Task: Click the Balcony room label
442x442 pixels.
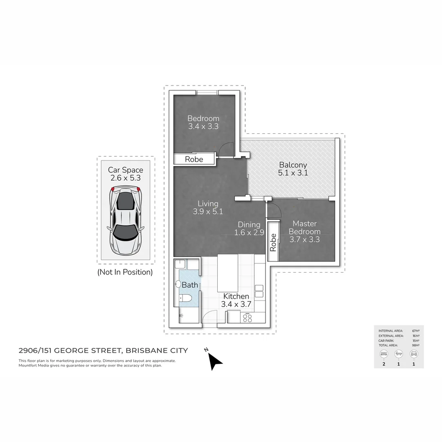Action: [x=293, y=165]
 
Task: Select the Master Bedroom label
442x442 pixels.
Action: [x=304, y=228]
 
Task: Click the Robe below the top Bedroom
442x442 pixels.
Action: [x=194, y=159]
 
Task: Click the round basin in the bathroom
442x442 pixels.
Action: [x=178, y=284]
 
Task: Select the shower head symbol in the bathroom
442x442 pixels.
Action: [x=181, y=316]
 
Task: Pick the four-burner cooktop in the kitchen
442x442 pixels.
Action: [x=248, y=318]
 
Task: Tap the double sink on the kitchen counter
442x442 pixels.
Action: [x=259, y=291]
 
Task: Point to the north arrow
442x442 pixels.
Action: [x=214, y=361]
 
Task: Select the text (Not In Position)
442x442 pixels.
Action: [x=125, y=272]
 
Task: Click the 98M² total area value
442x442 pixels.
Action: [x=415, y=345]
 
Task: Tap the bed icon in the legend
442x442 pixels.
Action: [x=384, y=354]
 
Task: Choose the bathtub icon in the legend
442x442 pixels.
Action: [x=399, y=354]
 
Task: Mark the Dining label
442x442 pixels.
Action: [x=249, y=224]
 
